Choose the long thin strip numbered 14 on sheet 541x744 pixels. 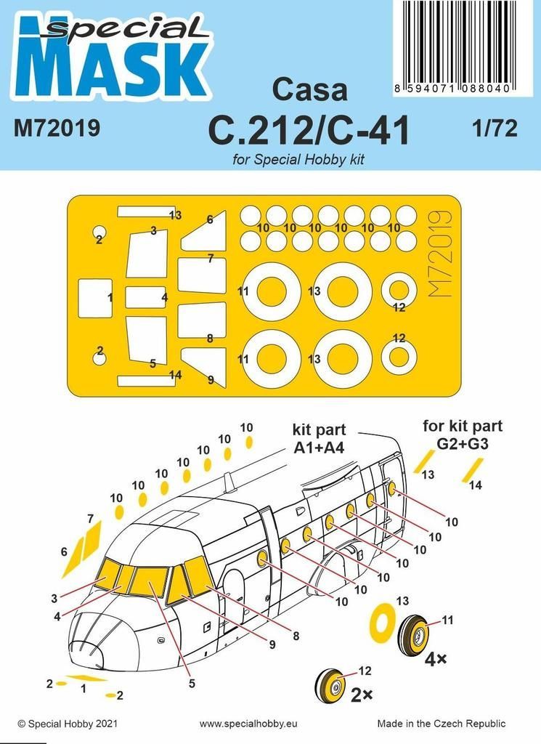(145, 381)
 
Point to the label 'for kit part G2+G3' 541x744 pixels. (463, 433)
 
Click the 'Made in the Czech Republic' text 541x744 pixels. (442, 724)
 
